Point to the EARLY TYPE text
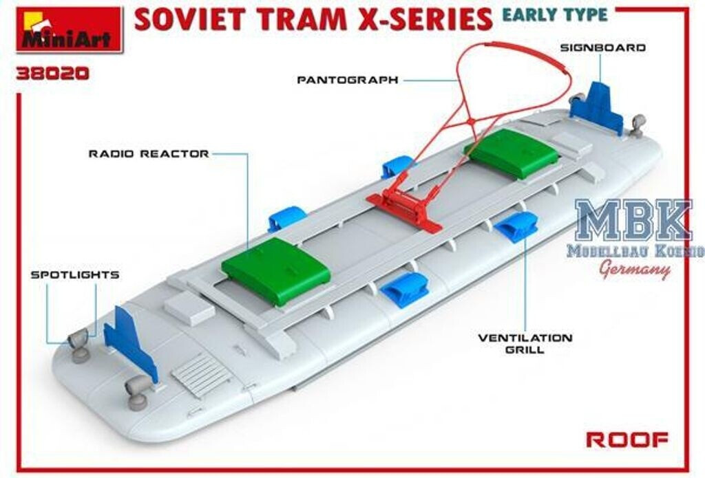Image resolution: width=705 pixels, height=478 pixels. (554, 14)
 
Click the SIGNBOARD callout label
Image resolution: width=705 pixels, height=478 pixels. (602, 47)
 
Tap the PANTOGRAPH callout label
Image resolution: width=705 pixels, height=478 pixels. (348, 80)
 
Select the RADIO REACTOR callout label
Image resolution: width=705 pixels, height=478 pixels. (149, 153)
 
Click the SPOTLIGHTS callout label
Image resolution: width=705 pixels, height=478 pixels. (75, 274)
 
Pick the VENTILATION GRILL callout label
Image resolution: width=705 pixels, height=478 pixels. (525, 343)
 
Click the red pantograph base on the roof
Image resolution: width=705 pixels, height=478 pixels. (405, 206)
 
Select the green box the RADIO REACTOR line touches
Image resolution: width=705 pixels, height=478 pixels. (276, 270)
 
